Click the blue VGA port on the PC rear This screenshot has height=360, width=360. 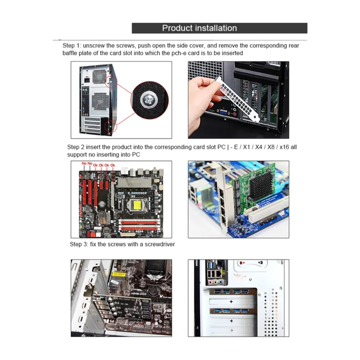click(218, 113)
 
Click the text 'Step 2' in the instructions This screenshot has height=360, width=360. click(77, 147)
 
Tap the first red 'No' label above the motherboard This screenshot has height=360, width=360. click(84, 164)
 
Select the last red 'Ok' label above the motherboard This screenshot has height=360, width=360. click(113, 164)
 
